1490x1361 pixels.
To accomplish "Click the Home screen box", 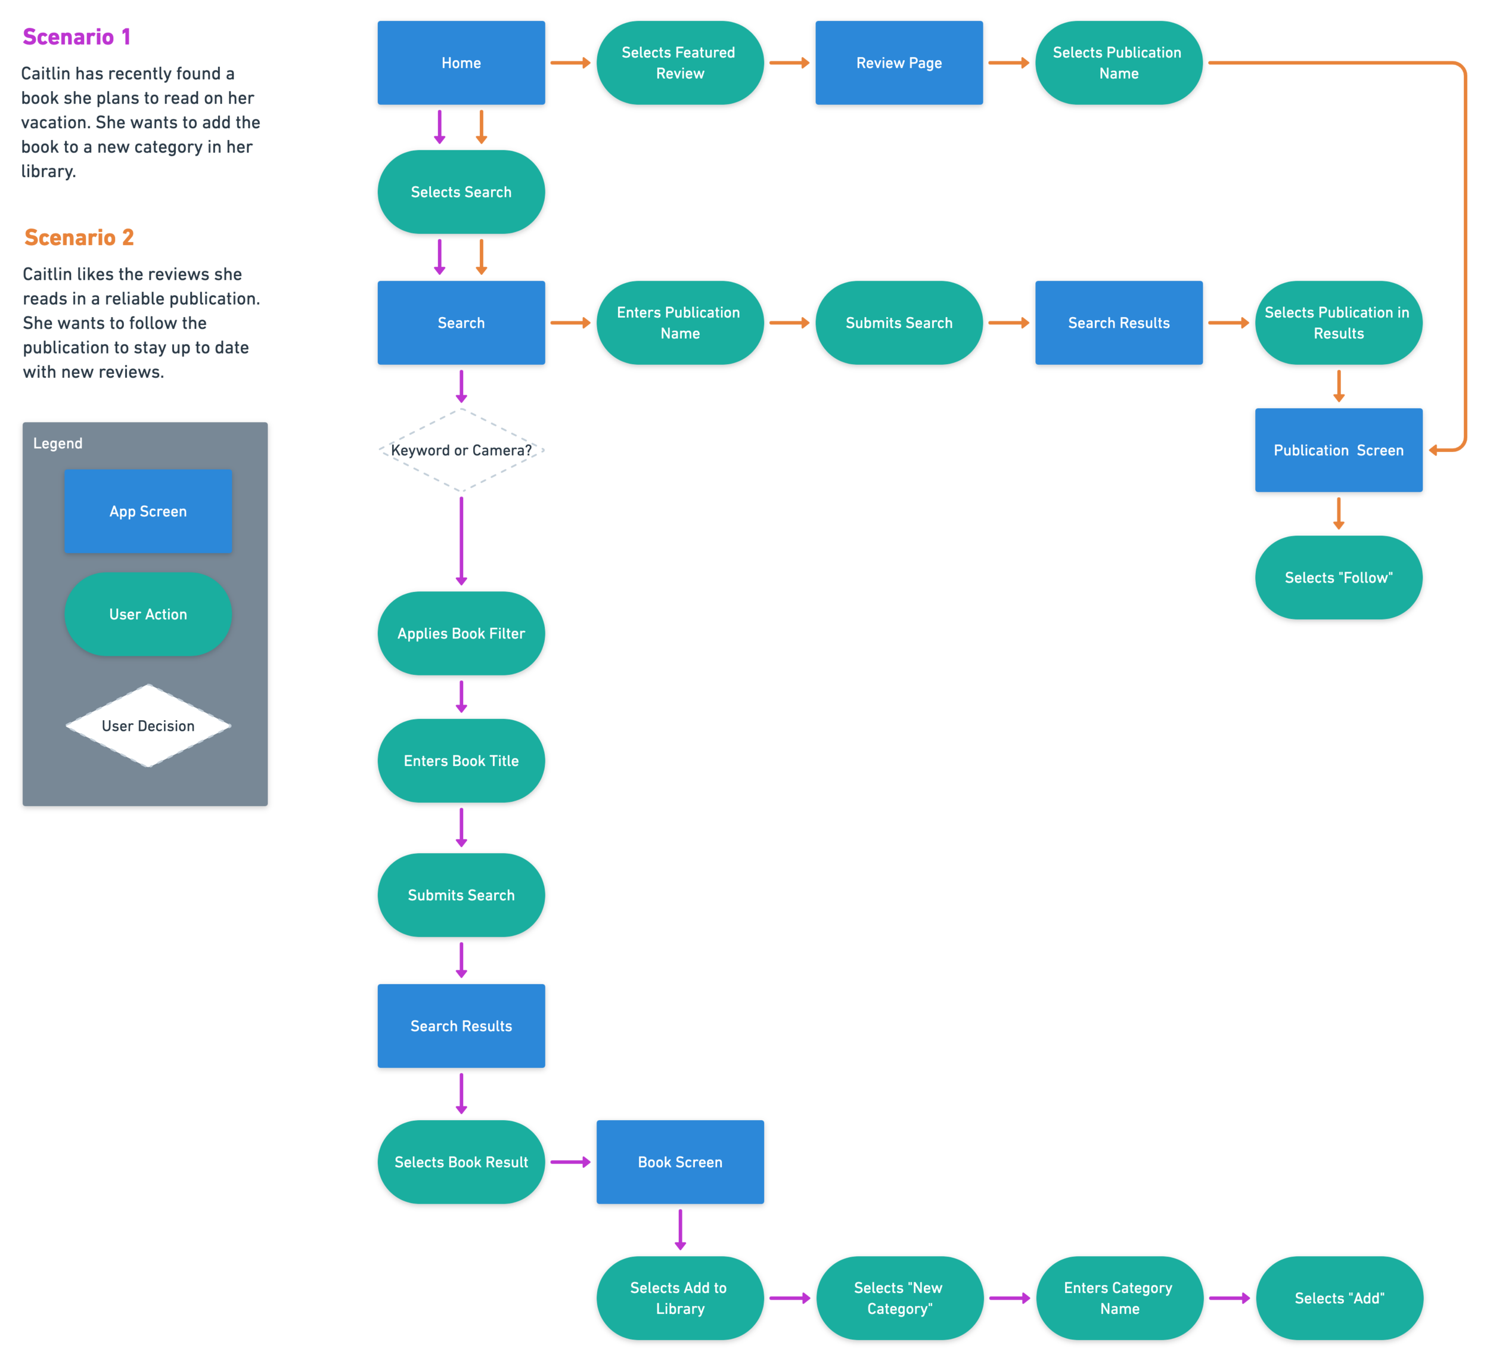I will tap(461, 63).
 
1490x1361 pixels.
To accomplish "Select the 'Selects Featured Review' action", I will tap(679, 63).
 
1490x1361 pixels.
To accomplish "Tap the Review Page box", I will tap(899, 63).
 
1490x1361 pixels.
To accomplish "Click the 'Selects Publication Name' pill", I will tap(1118, 63).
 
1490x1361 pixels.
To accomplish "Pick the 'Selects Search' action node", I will tap(461, 192).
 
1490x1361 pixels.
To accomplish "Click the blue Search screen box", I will tap(461, 323).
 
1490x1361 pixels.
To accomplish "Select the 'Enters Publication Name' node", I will tap(679, 323).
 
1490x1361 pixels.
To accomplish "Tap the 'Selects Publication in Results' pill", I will tap(1338, 323).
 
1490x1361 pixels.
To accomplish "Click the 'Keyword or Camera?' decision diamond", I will tap(461, 450).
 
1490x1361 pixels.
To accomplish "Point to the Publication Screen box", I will tap(1338, 450).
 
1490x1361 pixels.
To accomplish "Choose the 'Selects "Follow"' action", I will tap(1338, 578).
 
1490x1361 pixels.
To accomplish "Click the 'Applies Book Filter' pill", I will tap(461, 634).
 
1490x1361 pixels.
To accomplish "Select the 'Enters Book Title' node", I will tap(461, 761).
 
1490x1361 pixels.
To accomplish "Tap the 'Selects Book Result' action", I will tap(461, 1162).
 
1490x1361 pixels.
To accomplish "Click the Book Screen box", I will tap(679, 1162).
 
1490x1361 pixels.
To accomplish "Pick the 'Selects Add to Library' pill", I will tap(679, 1298).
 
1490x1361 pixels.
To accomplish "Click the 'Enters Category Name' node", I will tap(1118, 1298).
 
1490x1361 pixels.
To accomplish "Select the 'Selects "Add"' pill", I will tap(1339, 1298).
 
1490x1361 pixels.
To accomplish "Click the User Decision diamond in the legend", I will tap(148, 726).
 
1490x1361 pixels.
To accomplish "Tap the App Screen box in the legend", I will tap(148, 511).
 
